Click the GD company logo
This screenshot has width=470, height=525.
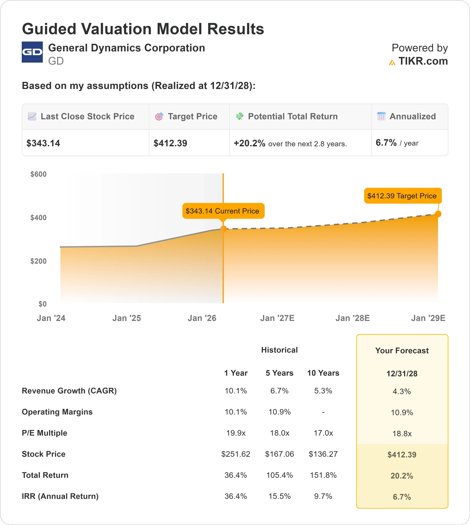click(x=32, y=52)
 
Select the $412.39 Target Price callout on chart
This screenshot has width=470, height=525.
click(x=402, y=196)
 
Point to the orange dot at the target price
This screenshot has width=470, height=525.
click(x=438, y=214)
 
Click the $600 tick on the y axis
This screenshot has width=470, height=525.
click(x=39, y=174)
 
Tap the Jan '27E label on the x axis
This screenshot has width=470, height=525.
click(x=277, y=318)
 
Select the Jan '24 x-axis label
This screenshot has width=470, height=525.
click(x=51, y=318)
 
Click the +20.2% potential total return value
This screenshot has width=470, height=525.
click(x=249, y=143)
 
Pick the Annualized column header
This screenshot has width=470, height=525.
click(x=412, y=116)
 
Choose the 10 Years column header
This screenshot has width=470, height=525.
click(x=323, y=373)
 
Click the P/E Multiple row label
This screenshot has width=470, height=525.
click(x=44, y=433)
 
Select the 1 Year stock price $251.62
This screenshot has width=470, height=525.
click(x=236, y=454)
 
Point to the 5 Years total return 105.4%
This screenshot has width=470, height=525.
click(x=279, y=475)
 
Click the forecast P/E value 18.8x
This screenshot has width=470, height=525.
click(x=402, y=434)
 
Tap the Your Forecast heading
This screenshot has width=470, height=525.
click(x=402, y=351)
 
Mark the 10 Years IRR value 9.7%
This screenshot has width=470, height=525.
click(x=323, y=496)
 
